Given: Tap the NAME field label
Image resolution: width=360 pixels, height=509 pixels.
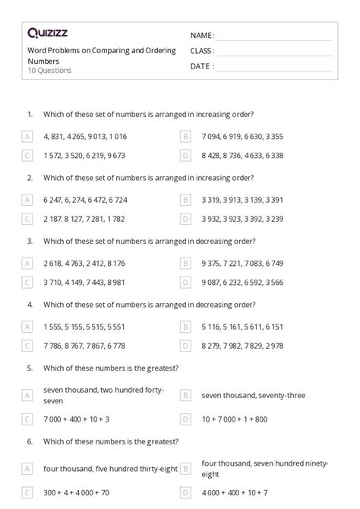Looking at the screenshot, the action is pyautogui.click(x=201, y=36).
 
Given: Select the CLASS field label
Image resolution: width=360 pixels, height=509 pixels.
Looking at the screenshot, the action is pyautogui.click(x=202, y=51).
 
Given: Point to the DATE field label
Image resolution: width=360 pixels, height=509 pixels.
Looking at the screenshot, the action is pyautogui.click(x=201, y=66).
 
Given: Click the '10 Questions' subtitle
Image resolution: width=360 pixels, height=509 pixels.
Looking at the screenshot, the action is pyautogui.click(x=49, y=71).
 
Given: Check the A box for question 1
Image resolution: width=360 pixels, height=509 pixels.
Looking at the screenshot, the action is pyautogui.click(x=27, y=137).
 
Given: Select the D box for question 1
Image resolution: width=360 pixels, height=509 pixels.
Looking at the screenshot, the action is pyautogui.click(x=185, y=156).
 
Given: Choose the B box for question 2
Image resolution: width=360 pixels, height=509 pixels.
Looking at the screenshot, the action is pyautogui.click(x=185, y=200).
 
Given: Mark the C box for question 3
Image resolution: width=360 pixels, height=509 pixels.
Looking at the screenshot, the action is pyautogui.click(x=27, y=282).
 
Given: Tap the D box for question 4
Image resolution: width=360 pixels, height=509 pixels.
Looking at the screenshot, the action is pyautogui.click(x=185, y=346).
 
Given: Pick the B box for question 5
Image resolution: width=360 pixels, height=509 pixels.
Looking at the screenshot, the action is pyautogui.click(x=185, y=395).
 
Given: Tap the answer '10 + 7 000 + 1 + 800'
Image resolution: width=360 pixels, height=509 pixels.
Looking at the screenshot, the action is pyautogui.click(x=235, y=419).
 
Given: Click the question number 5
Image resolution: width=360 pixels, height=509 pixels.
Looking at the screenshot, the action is pyautogui.click(x=30, y=368).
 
